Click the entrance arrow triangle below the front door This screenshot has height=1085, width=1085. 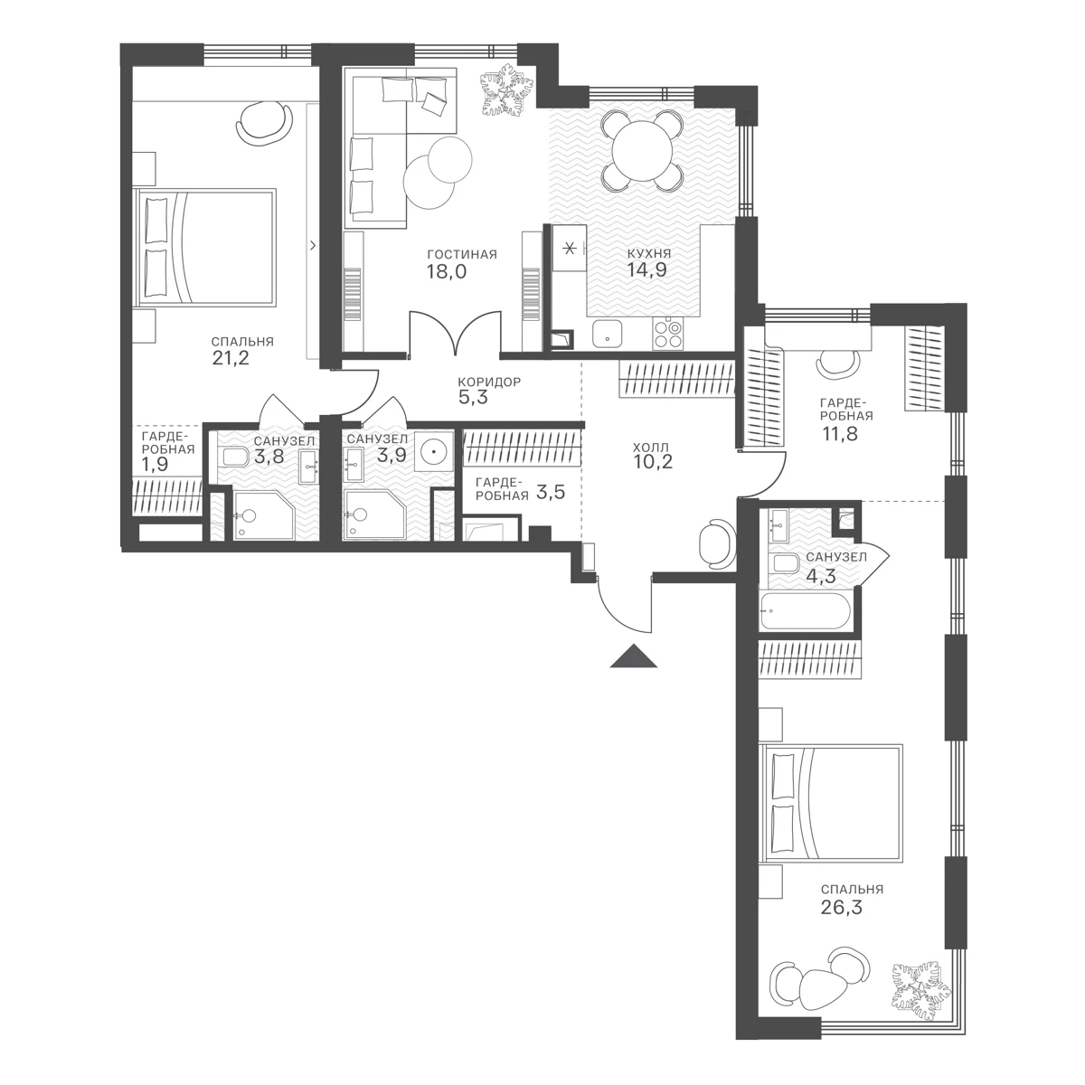(634, 657)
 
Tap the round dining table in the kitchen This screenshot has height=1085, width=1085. (643, 150)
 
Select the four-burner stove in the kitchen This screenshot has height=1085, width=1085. (667, 334)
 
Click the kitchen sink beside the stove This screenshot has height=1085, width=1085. (607, 334)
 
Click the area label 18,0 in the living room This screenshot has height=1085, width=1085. (447, 272)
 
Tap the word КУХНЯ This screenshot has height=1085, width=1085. (649, 254)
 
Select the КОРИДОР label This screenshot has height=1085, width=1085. (489, 382)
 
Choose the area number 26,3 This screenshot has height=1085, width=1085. (841, 908)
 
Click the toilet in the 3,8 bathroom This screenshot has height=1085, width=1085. (233, 457)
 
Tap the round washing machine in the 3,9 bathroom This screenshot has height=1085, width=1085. (434, 451)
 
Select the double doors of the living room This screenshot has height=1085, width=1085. (455, 333)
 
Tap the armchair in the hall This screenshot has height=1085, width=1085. (717, 544)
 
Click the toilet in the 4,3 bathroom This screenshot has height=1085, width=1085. (783, 562)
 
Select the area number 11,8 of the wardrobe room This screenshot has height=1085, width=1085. (839, 434)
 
